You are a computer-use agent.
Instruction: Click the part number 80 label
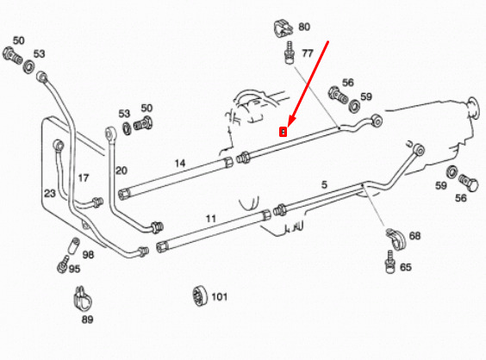[x=304, y=27]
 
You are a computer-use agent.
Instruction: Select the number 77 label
[x=307, y=53]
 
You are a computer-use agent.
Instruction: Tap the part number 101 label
[x=219, y=297]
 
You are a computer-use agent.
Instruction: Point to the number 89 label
[x=87, y=320]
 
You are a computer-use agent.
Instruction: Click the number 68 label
[x=414, y=236]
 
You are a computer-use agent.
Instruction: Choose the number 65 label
[x=406, y=267]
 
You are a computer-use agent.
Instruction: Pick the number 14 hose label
[x=180, y=164]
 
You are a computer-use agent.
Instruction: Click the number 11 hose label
[x=211, y=219]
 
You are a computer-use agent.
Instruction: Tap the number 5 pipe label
[x=324, y=184]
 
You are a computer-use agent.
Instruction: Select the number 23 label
[x=50, y=193]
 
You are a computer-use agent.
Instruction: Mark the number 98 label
[x=88, y=255]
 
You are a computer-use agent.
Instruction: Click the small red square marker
[x=283, y=133]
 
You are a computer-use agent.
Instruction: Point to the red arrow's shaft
[x=308, y=81]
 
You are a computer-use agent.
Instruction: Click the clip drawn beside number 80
[x=283, y=28]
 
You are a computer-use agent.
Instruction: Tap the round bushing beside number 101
[x=200, y=296]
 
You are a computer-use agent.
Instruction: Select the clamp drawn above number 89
[x=83, y=299]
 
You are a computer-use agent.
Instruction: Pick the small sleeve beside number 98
[x=73, y=245]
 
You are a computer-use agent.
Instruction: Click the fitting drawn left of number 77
[x=290, y=53]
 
